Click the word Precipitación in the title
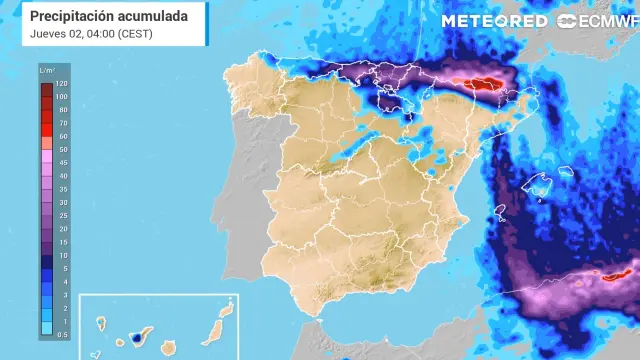(71, 17)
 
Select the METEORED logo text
(495, 20)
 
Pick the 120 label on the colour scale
(62, 84)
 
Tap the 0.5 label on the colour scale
(62, 334)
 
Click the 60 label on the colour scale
(62, 136)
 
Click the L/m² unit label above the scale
(46, 71)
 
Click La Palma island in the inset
(102, 322)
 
